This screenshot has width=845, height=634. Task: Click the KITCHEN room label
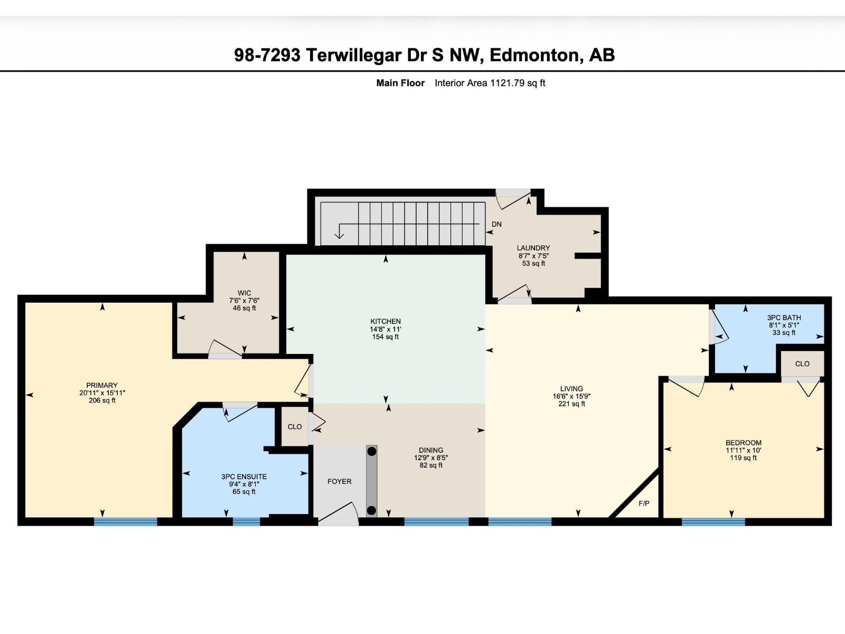click(386, 321)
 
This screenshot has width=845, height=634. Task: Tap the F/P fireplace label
click(644, 504)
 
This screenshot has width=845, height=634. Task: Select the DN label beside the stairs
click(496, 224)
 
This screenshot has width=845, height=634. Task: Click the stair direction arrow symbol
click(339, 231)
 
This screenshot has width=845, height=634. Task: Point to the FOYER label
click(339, 481)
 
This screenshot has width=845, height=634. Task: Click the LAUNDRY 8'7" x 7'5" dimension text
click(533, 256)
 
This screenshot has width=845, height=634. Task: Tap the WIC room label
click(244, 293)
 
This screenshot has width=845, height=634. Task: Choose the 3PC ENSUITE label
click(244, 477)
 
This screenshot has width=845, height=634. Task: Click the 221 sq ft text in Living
click(571, 404)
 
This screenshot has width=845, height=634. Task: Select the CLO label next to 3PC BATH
click(802, 363)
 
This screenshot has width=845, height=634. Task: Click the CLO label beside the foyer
click(295, 426)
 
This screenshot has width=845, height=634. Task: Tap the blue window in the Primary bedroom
click(126, 521)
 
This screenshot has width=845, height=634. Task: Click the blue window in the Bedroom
click(713, 521)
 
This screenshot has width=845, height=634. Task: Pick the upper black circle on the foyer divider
click(372, 451)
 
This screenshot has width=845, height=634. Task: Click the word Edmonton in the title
click(534, 55)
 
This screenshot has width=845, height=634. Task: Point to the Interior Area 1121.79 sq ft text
click(490, 83)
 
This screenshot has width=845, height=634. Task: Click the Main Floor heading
click(400, 83)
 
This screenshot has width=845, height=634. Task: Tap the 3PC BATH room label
click(784, 318)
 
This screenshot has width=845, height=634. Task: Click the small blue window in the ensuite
click(247, 521)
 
